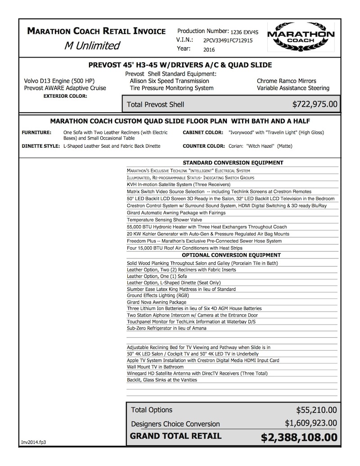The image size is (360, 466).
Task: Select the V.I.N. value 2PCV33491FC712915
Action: (241, 40)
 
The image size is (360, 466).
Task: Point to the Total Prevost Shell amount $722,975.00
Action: (315, 104)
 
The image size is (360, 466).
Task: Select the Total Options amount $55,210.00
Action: (316, 410)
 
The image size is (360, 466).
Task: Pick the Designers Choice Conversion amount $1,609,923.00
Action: (311, 423)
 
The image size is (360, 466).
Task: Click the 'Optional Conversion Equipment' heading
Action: (232, 254)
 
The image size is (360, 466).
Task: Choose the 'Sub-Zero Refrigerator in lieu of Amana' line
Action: (167, 328)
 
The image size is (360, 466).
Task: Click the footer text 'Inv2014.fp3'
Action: (33, 442)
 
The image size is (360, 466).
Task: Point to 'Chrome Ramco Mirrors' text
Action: (287, 81)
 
